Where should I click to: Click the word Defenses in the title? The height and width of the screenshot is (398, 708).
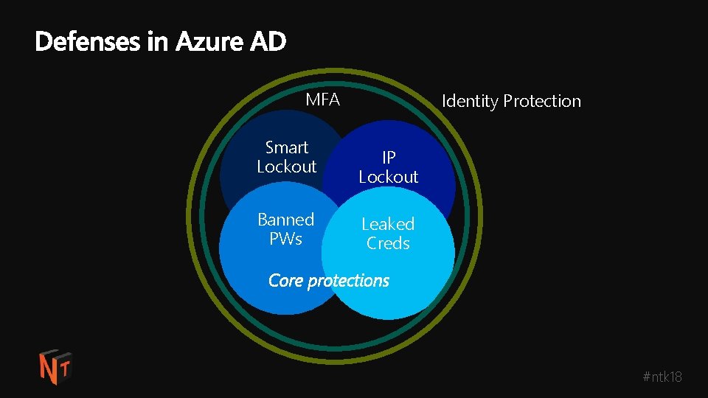tap(88, 42)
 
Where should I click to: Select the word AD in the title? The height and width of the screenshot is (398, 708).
tap(268, 42)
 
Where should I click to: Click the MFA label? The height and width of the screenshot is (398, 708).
tap(323, 99)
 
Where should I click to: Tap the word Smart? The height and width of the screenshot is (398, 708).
tap(287, 147)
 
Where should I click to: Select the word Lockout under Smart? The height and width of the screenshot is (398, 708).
tap(287, 167)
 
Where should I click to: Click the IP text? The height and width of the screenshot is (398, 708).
tap(389, 157)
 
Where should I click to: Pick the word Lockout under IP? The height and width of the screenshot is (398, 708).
tap(389, 177)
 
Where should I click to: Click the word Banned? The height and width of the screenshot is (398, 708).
tap(285, 220)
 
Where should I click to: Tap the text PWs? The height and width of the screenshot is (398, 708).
tap(285, 239)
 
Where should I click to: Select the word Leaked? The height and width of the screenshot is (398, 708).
tap(388, 223)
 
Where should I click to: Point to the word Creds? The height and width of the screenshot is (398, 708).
tap(388, 243)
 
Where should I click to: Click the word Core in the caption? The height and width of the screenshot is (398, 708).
tap(285, 281)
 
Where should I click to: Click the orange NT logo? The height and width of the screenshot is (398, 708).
tap(55, 366)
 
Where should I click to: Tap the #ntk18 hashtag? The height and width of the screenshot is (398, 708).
tap(662, 377)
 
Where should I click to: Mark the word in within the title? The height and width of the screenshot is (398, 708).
tap(158, 42)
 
